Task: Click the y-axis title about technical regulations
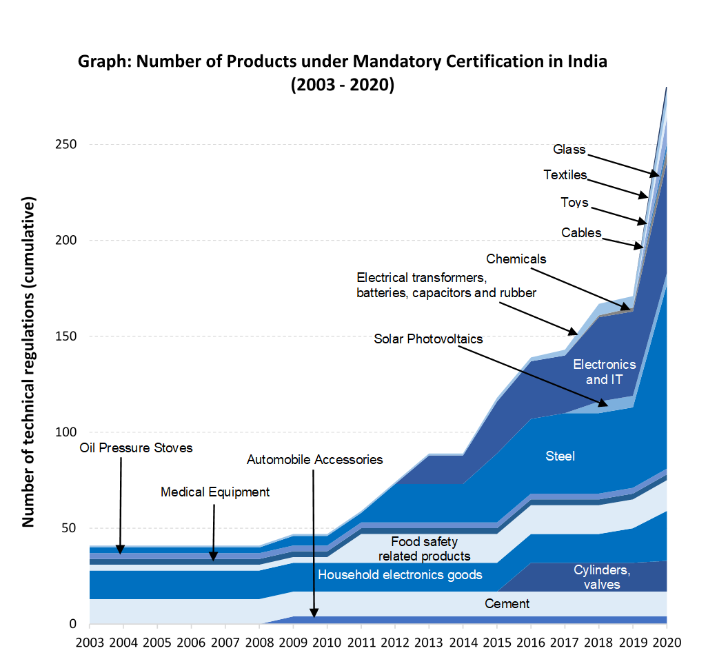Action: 28,363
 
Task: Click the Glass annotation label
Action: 569,150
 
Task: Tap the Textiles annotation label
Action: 565,175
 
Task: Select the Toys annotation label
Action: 574,203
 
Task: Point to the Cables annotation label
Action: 581,233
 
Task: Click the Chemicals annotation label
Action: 516,259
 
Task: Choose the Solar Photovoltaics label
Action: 428,339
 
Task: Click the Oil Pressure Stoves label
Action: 136,448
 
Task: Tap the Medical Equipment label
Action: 215,492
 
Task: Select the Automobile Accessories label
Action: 314,460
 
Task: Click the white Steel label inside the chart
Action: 560,456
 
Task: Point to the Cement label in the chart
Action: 507,604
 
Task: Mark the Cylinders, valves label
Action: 602,578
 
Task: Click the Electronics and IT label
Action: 605,372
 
